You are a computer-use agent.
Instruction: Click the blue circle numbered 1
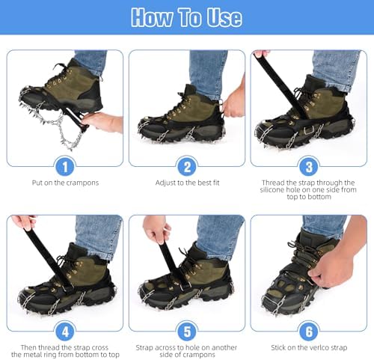(65, 166)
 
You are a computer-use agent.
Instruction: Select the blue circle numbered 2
(187, 166)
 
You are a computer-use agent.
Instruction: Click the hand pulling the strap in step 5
(156, 228)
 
